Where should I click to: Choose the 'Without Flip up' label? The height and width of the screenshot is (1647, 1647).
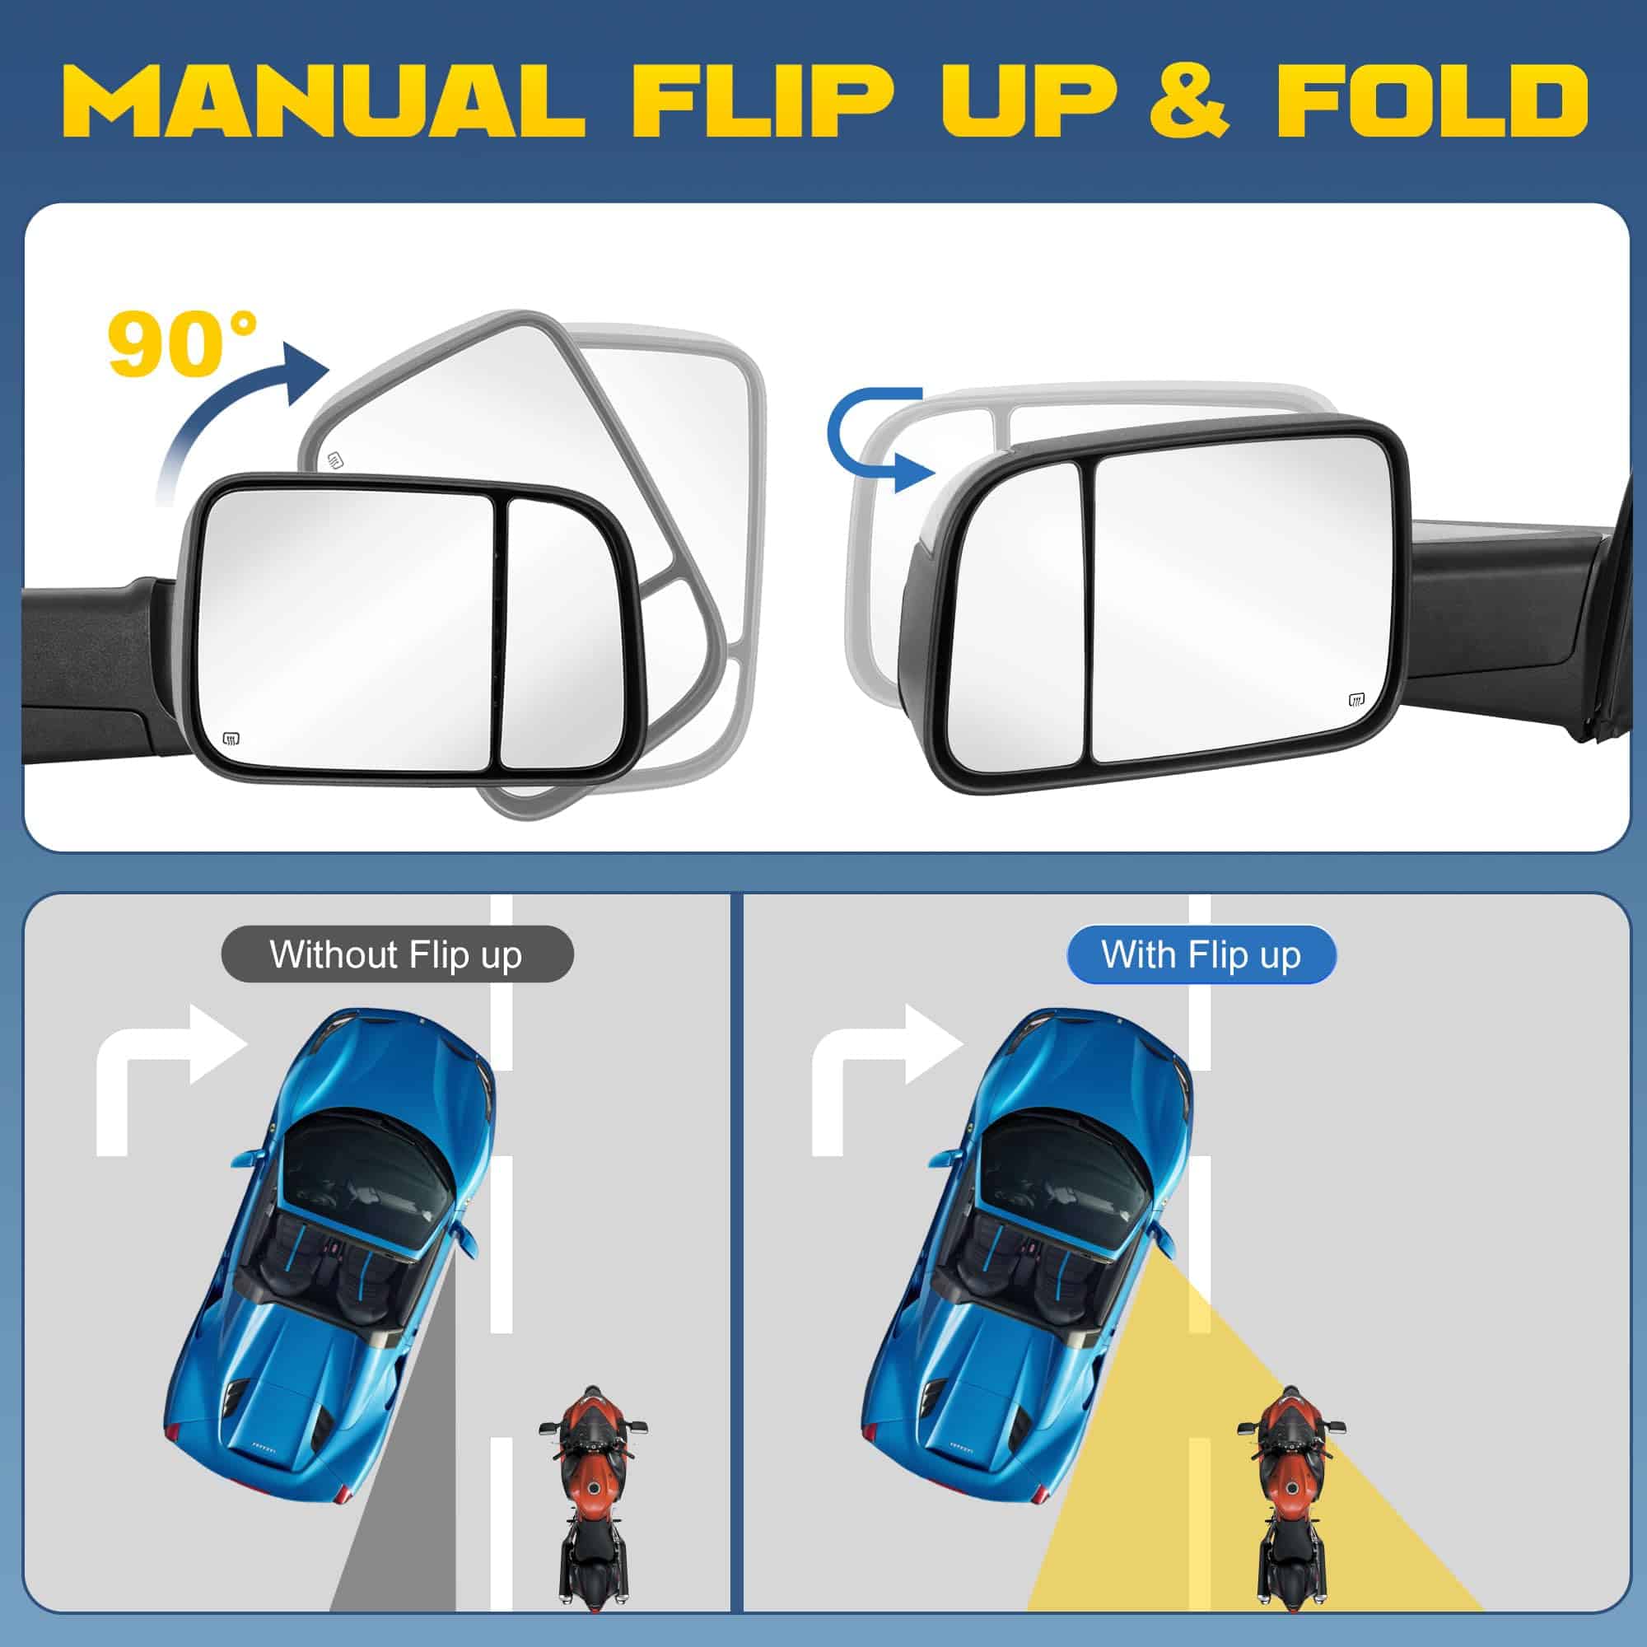tap(397, 954)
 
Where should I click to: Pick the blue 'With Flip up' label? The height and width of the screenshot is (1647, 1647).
tap(1202, 954)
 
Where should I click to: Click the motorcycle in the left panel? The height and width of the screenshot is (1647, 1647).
tap(591, 1504)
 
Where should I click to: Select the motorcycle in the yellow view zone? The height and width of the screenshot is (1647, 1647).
tap(1290, 1504)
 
